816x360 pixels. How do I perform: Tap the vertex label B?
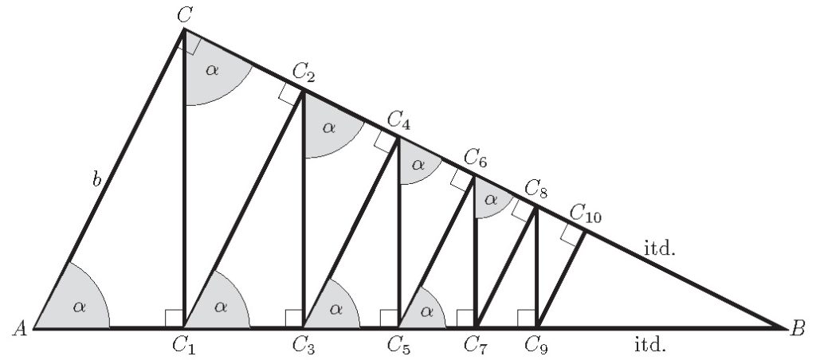point(798,328)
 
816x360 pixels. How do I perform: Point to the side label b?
point(96,180)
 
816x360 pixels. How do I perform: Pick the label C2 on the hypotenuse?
point(304,73)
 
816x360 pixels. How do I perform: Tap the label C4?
point(398,122)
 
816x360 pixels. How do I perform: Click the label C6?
point(475,159)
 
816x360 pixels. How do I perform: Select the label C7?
point(475,345)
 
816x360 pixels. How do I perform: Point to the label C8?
point(535,190)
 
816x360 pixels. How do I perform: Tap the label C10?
point(587,213)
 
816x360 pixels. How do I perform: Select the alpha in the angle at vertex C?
point(211,70)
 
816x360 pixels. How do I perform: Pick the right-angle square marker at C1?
point(175,318)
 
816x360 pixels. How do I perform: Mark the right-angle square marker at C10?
point(571,233)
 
